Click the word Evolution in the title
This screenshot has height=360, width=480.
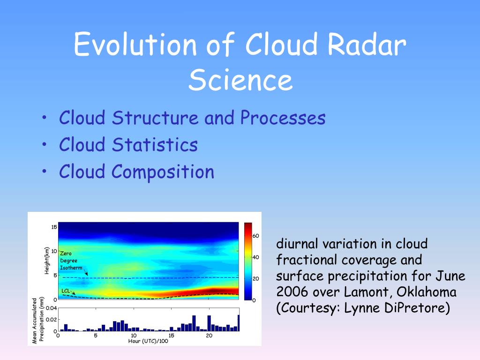tap(135, 44)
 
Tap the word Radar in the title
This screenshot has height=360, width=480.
tap(367, 44)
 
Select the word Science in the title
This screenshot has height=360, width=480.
tap(240, 80)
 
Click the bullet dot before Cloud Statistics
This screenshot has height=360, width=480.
tap(45, 144)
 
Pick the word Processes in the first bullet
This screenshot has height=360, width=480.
tap(283, 118)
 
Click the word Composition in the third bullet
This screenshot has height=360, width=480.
tap(163, 172)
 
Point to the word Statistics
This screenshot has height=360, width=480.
tap(155, 144)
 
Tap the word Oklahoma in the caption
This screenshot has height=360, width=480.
tap(426, 292)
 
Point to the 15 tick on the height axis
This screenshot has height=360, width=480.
tap(54, 227)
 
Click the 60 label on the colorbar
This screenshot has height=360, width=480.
tap(255, 236)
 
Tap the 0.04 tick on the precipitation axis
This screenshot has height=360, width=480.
tap(51, 308)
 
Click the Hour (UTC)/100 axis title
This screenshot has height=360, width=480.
tap(148, 341)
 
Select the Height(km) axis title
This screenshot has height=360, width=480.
tap(47, 261)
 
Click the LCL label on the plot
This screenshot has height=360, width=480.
tap(66, 291)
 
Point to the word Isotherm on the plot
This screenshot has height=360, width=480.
tap(71, 268)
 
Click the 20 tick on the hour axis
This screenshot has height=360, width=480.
tap(209, 336)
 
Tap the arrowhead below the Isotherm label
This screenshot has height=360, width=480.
tap(87, 274)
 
